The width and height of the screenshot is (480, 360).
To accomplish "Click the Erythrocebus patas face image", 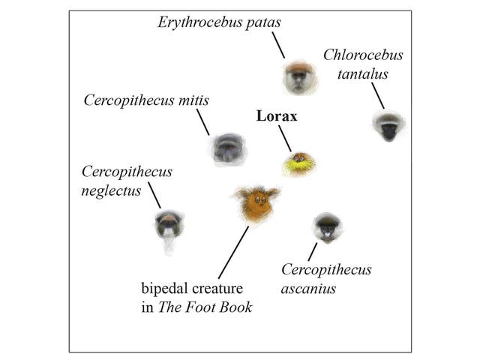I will pyautogui.click(x=298, y=76).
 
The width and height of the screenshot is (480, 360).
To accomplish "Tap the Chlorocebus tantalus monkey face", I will pyautogui.click(x=388, y=126).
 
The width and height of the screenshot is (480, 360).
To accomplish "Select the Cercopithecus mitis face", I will pyautogui.click(x=227, y=148).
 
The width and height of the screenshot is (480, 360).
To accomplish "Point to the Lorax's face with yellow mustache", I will pyautogui.click(x=298, y=163).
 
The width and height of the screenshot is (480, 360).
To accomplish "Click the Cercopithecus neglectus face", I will pyautogui.click(x=169, y=225).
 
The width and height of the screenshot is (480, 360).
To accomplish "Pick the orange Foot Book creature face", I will pyautogui.click(x=256, y=203).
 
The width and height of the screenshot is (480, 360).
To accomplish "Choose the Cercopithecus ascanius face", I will pyautogui.click(x=327, y=226).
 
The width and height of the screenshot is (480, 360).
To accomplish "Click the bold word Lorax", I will pyautogui.click(x=277, y=116).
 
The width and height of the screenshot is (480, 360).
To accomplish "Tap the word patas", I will pyautogui.click(x=262, y=22).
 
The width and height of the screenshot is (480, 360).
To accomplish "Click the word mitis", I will pyautogui.click(x=193, y=100).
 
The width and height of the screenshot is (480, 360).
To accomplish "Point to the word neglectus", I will pyautogui.click(x=111, y=190).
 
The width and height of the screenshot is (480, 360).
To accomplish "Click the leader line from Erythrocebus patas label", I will pyautogui.click(x=278, y=46).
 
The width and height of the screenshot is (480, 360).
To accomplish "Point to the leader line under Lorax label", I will pyautogui.click(x=284, y=138).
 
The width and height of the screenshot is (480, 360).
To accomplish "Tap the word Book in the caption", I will pyautogui.click(x=235, y=307).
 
